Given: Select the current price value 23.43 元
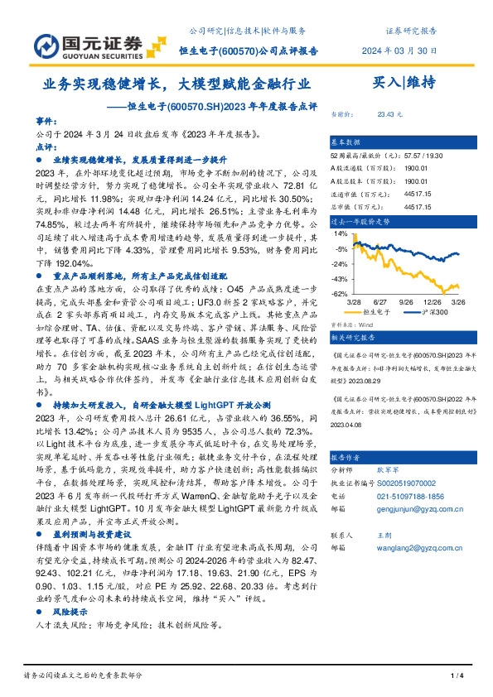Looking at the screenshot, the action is click(389, 113).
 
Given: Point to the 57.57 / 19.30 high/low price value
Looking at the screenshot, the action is click(423, 156).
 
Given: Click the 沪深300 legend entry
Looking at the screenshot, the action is click(436, 313).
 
